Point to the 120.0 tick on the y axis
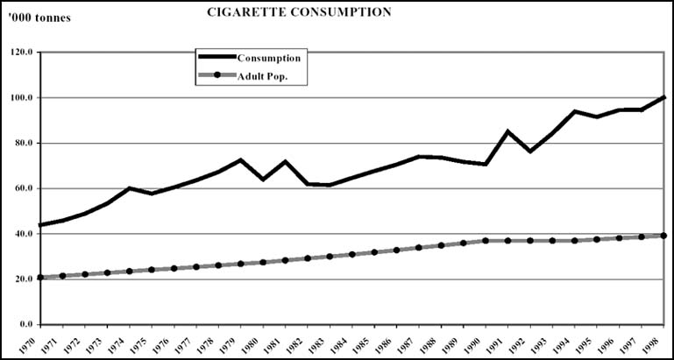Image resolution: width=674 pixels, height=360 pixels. click(20, 53)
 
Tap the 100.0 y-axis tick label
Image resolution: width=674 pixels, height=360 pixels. click(20, 98)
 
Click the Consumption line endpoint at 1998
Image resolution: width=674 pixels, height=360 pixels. click(663, 96)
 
